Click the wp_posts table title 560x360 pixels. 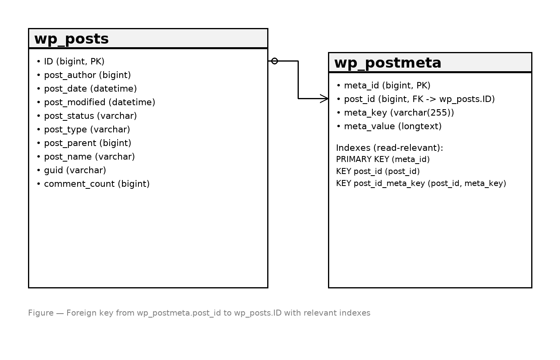[72, 39]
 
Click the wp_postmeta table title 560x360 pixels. [388, 63]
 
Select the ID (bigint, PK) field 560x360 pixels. [70, 62]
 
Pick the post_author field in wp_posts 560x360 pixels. [84, 75]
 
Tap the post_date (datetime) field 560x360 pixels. [87, 88]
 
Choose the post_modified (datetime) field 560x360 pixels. [96, 102]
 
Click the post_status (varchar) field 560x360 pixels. [87, 116]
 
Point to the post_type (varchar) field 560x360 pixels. [84, 130]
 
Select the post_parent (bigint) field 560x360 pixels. [84, 143]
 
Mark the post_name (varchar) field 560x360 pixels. [86, 157]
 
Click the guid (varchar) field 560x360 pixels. [71, 170]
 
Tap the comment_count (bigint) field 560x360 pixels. [93, 184]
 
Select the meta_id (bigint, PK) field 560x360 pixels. [384, 86]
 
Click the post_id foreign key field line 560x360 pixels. [416, 99]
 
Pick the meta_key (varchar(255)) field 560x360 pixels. [395, 113]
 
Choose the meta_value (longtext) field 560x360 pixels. [389, 126]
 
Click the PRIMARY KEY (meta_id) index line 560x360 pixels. [383, 159]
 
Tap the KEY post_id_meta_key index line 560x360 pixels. [421, 183]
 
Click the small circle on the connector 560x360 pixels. [274, 61]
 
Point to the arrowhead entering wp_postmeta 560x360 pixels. [324, 98]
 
